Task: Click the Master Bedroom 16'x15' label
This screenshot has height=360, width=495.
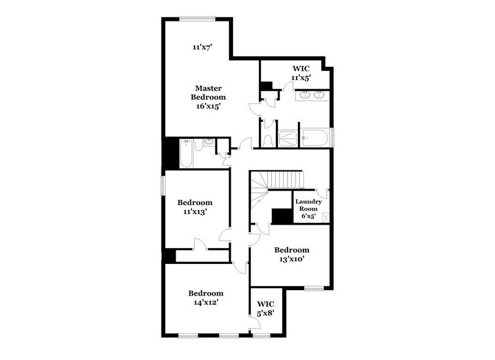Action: point(207,97)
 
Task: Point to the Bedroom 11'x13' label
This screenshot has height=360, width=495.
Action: point(195,207)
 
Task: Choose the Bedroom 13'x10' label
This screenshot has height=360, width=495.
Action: point(291,254)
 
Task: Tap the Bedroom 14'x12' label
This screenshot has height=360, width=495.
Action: point(205,298)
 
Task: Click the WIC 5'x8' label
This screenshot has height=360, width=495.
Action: point(266,309)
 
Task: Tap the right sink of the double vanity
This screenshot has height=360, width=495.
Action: point(319,95)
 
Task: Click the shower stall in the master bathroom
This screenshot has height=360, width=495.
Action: point(288,138)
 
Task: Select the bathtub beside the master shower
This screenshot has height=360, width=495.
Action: point(315,138)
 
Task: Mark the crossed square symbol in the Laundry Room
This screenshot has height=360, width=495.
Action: point(325,216)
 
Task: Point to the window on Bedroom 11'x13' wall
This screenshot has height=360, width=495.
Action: point(163,186)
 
